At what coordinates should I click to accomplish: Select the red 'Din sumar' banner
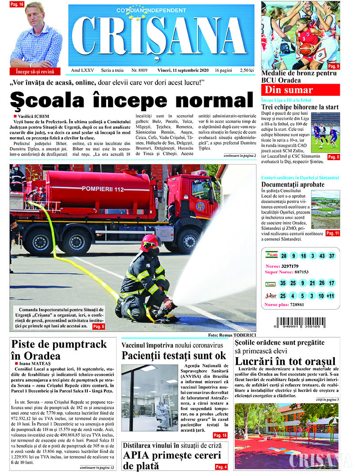300,90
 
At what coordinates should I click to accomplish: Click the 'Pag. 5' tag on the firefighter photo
99,326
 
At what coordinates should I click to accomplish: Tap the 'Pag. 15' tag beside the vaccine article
220,435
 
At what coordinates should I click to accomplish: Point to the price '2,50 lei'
247,71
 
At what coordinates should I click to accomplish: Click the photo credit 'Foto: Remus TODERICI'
232,335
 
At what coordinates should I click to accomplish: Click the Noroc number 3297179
295,266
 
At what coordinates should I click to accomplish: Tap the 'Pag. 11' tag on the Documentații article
333,233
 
